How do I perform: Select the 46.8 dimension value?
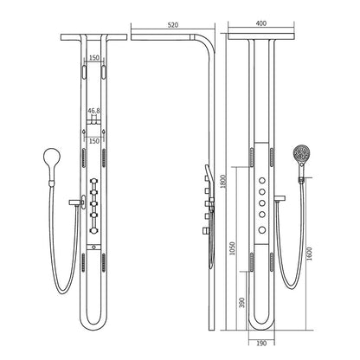coord(95,111)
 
